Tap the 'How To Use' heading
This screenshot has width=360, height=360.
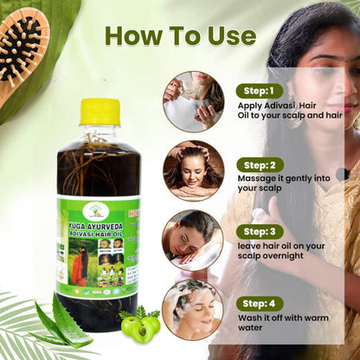coord(180,35)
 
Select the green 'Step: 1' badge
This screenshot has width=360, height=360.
coord(260,90)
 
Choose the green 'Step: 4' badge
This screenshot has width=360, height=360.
coord(260,303)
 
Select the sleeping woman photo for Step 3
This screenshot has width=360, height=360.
coord(193,237)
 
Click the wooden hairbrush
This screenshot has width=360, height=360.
coord(22,52)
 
